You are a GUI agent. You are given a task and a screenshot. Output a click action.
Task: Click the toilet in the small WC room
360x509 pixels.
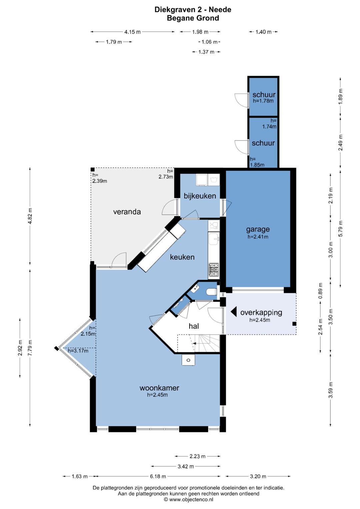[x=211, y=292]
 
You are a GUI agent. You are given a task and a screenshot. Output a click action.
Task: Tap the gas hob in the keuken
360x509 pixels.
[x=214, y=270]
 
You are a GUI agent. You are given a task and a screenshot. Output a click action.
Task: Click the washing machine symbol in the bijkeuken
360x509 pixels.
[x=214, y=180]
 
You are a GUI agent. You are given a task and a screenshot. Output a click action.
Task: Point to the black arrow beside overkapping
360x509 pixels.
[x=234, y=312]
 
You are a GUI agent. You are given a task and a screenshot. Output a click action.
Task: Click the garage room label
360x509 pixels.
[x=258, y=229]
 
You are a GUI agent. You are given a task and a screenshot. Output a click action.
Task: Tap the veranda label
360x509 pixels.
[x=127, y=212]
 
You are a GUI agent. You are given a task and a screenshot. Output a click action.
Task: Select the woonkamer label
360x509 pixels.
[x=159, y=388]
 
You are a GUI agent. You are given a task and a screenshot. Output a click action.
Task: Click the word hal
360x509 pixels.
[x=194, y=326]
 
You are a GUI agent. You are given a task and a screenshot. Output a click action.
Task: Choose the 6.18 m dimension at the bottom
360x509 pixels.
[x=158, y=476]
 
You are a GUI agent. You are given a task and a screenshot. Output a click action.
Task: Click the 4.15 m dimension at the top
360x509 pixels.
[x=133, y=32]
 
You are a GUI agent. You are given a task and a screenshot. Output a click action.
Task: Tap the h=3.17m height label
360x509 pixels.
[x=78, y=351]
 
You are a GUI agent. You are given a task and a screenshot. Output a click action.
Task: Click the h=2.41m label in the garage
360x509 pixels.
[x=258, y=237]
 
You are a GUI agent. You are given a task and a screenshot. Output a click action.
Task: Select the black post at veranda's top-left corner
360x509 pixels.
[x=93, y=170]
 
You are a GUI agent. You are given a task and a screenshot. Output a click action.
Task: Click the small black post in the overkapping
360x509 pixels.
[x=294, y=324]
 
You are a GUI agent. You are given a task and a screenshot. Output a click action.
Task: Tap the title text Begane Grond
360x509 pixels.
[x=193, y=18]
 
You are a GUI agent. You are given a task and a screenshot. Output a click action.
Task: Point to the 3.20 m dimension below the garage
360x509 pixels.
[x=258, y=476]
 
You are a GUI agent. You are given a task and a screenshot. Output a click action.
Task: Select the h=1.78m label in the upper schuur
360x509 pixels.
[x=263, y=101]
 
